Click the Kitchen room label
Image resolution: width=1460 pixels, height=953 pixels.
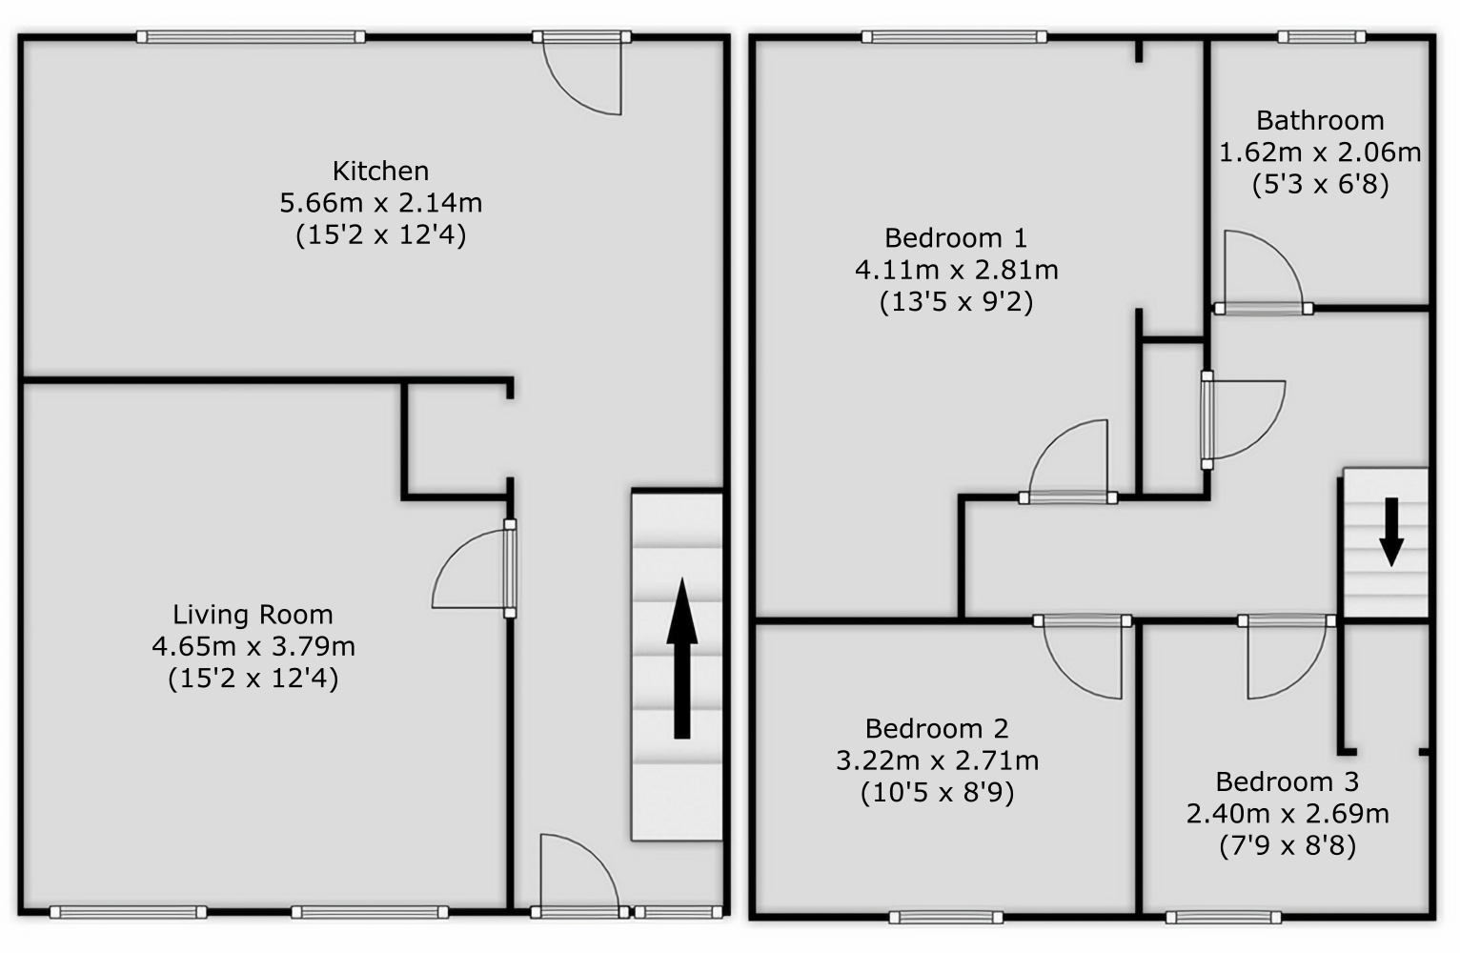pos(380,171)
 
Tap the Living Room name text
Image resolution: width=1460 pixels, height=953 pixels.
pos(253,615)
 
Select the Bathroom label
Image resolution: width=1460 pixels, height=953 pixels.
pos(1320,121)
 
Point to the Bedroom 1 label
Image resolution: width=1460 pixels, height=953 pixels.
pos(956,238)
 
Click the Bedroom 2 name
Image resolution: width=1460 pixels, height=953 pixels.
pos(937,728)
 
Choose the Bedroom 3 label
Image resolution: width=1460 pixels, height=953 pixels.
pos(1288,781)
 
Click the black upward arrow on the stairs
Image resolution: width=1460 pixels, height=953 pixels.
pos(681,659)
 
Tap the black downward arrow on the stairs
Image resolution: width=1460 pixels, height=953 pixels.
pos(1391,532)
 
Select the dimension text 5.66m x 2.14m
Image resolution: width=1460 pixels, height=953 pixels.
pos(380,203)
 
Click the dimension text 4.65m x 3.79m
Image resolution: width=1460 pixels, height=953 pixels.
pos(253,647)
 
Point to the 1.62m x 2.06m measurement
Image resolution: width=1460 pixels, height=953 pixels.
pos(1320,152)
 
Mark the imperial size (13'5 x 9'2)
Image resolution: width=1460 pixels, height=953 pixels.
pos(956,302)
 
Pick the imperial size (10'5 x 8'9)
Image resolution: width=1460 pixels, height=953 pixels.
pos(937,793)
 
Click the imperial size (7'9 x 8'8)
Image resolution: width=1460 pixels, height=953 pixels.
pos(1288,846)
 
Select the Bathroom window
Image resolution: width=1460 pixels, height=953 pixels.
pos(1321,37)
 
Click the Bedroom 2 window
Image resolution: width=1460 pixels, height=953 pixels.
pos(945,918)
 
